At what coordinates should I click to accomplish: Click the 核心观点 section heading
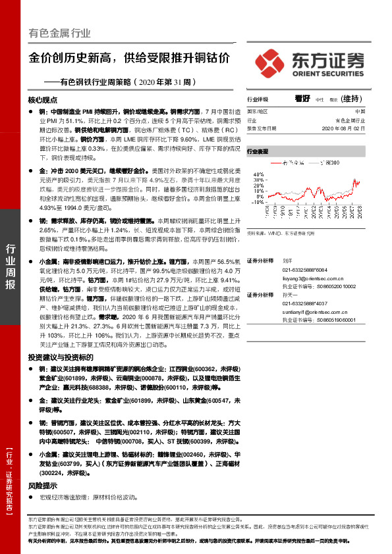[x=43, y=100]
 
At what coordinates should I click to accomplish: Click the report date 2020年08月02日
[x=352, y=130]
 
